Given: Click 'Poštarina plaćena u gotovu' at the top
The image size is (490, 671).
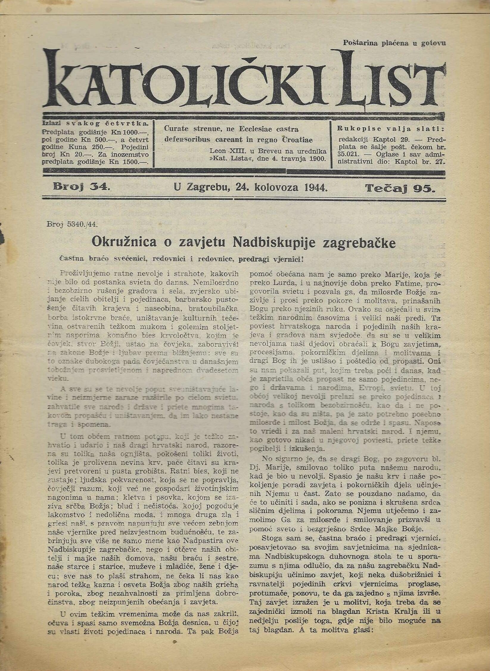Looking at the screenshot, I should tap(394, 43).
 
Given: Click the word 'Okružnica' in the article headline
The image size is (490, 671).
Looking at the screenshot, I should tap(124, 242).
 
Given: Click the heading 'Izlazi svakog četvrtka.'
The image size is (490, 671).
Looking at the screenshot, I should tap(95, 123).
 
